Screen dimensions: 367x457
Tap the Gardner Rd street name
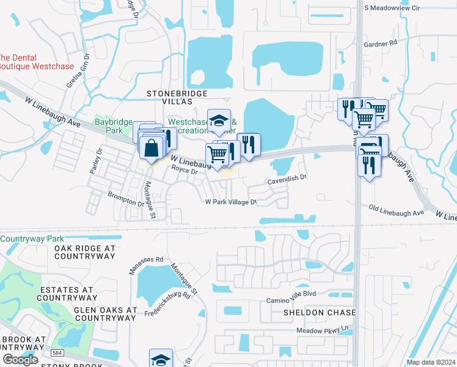pyautogui.click(x=380, y=43)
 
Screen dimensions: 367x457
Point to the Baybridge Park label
pyautogui.click(x=114, y=126)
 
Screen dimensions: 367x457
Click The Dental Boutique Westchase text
pyautogui.click(x=37, y=62)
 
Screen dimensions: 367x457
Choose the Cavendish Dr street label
pyautogui.click(x=287, y=182)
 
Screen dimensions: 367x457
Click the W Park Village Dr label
pyautogui.click(x=230, y=201)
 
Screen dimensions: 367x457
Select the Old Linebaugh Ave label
pyautogui.click(x=397, y=212)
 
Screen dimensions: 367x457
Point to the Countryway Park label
pyautogui.click(x=31, y=239)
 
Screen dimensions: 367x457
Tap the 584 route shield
pyautogui.click(x=57, y=353)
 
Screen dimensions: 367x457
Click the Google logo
pyautogui.click(x=20, y=359)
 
